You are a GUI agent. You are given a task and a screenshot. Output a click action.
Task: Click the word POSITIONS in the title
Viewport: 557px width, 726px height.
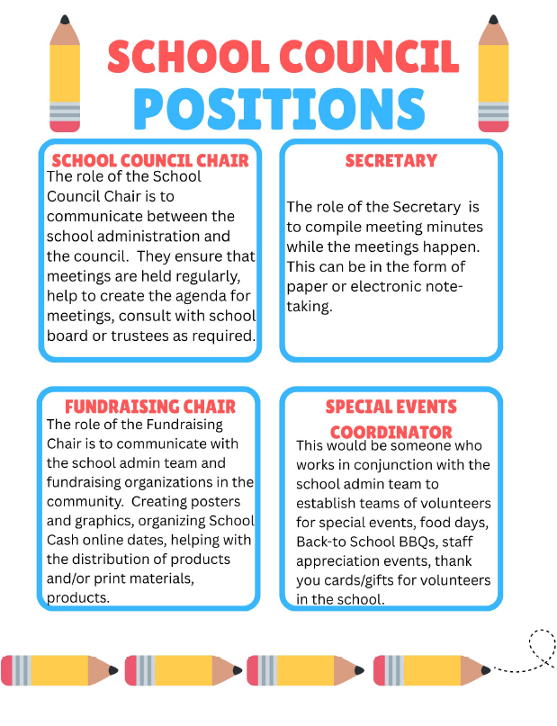click(279, 108)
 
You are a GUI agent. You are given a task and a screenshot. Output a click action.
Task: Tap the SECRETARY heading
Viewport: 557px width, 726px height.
click(391, 161)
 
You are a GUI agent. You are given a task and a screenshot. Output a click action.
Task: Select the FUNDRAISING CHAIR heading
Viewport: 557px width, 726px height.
click(150, 407)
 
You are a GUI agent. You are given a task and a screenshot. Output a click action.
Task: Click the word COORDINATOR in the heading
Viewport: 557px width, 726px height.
click(391, 432)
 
